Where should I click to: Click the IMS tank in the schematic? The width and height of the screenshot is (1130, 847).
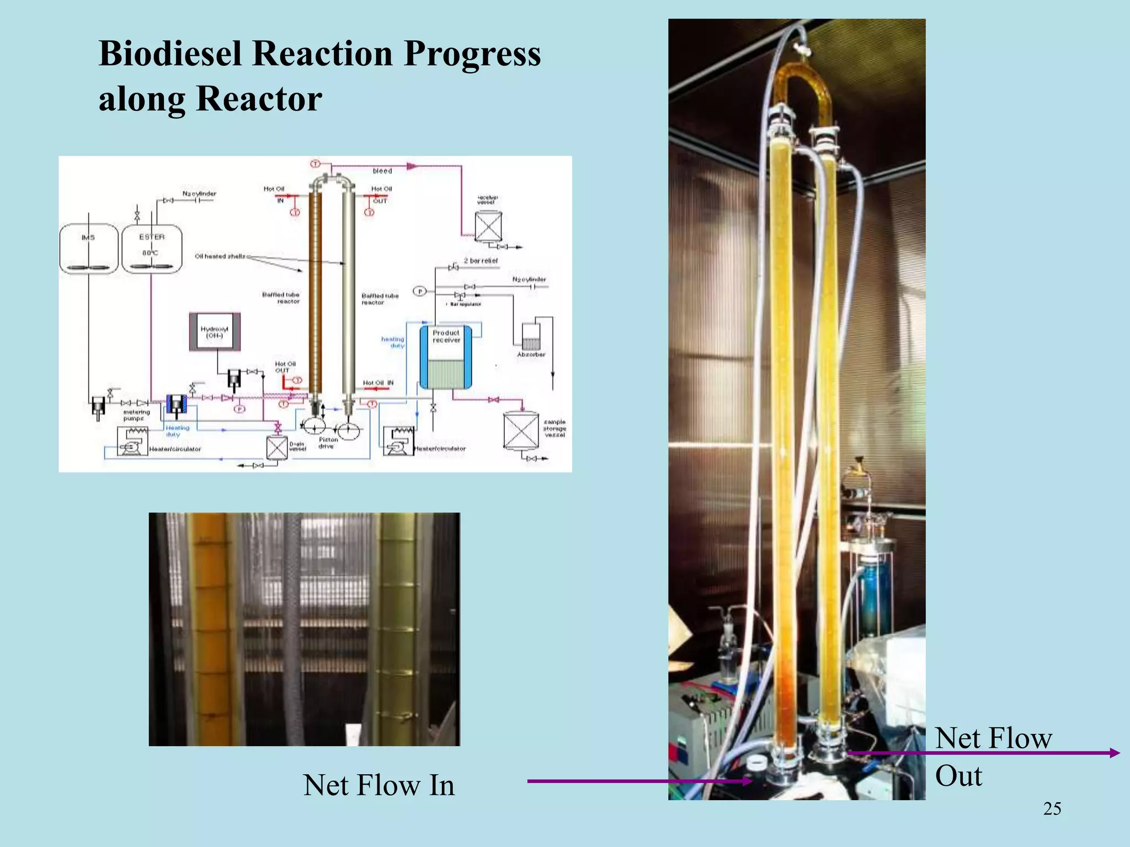[x=88, y=249]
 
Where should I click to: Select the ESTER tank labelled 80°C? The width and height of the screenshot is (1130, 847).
[x=152, y=249]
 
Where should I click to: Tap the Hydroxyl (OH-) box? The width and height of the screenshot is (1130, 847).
[x=215, y=332]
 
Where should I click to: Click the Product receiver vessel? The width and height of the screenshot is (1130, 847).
[x=446, y=357]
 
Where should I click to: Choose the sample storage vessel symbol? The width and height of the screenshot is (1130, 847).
[x=521, y=431]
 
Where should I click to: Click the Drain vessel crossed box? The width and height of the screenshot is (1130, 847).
[x=277, y=448]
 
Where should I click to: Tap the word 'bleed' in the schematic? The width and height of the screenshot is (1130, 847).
[x=382, y=171]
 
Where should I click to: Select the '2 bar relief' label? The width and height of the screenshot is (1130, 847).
[x=481, y=261]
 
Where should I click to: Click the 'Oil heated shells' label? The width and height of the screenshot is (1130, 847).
[x=220, y=256]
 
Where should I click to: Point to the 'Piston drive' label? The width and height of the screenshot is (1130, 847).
[x=328, y=443]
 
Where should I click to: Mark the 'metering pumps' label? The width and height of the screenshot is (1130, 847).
[x=136, y=415]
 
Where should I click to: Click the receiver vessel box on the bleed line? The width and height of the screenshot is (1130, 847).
[x=488, y=226]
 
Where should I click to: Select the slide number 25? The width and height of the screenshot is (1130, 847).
[x=1052, y=809]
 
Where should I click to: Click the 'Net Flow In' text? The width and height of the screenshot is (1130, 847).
[x=379, y=785]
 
